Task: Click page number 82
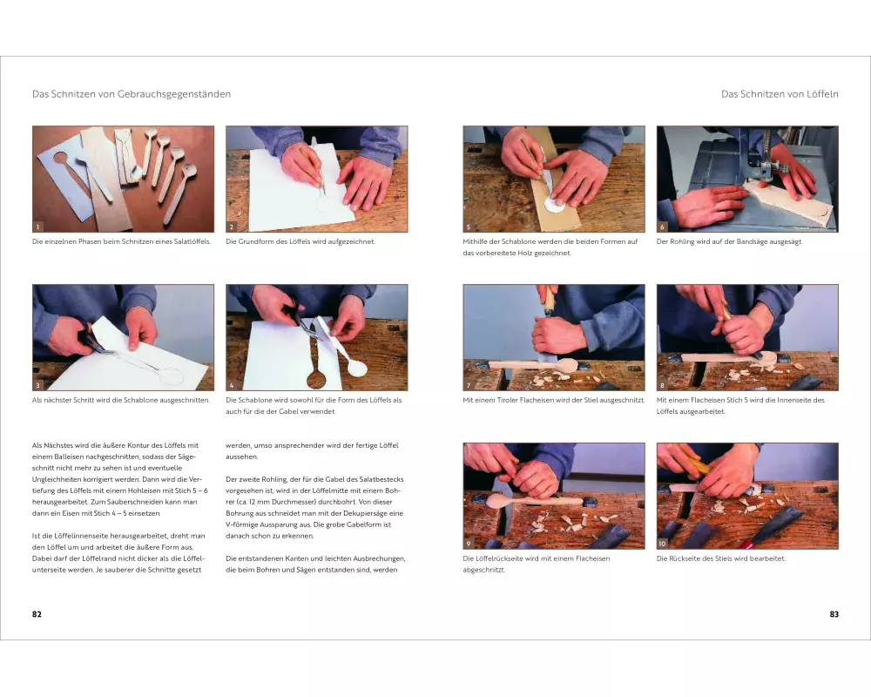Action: tap(37, 614)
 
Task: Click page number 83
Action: tap(834, 614)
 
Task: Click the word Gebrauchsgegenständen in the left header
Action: tap(174, 94)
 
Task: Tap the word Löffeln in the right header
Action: tap(820, 94)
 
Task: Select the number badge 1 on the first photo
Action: tap(37, 227)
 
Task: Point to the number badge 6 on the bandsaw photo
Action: tap(662, 227)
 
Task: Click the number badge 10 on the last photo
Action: tap(662, 544)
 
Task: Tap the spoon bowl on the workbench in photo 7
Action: tap(565, 365)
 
